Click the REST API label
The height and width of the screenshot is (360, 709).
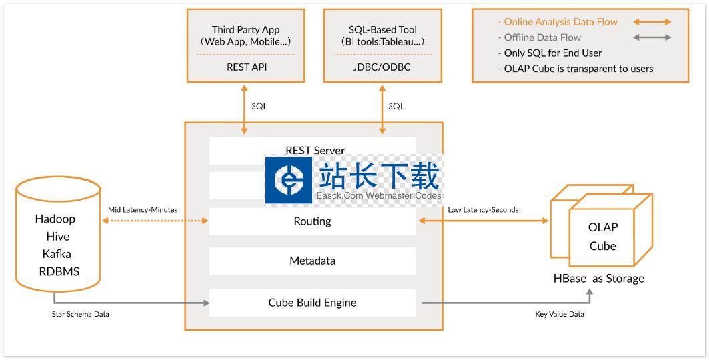[x=247, y=67]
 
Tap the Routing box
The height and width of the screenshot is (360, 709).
[x=312, y=221]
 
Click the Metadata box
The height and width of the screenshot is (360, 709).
[x=312, y=261]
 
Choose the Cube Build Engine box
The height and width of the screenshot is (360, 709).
[x=312, y=303]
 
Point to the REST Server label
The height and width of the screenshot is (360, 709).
[x=315, y=151]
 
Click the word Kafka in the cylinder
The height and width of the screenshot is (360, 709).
[x=57, y=254]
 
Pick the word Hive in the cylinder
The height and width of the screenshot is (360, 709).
[x=57, y=237]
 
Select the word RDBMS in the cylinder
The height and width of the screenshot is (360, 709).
[x=59, y=271]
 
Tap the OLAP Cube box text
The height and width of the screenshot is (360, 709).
[x=602, y=237]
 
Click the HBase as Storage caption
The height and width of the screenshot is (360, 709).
[x=598, y=279]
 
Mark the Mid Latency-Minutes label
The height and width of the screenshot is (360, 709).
[x=143, y=210]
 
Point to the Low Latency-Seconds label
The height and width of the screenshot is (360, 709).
[x=483, y=210]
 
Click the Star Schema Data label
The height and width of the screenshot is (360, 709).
[x=81, y=314]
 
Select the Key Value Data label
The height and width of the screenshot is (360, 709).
[x=559, y=314]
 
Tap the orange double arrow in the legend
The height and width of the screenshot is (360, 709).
[x=652, y=22]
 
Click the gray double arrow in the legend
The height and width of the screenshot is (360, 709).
[x=652, y=37]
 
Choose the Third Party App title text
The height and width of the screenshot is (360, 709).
[x=246, y=30]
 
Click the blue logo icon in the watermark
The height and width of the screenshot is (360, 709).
[x=289, y=179]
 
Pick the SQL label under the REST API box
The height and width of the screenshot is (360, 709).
[x=259, y=107]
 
